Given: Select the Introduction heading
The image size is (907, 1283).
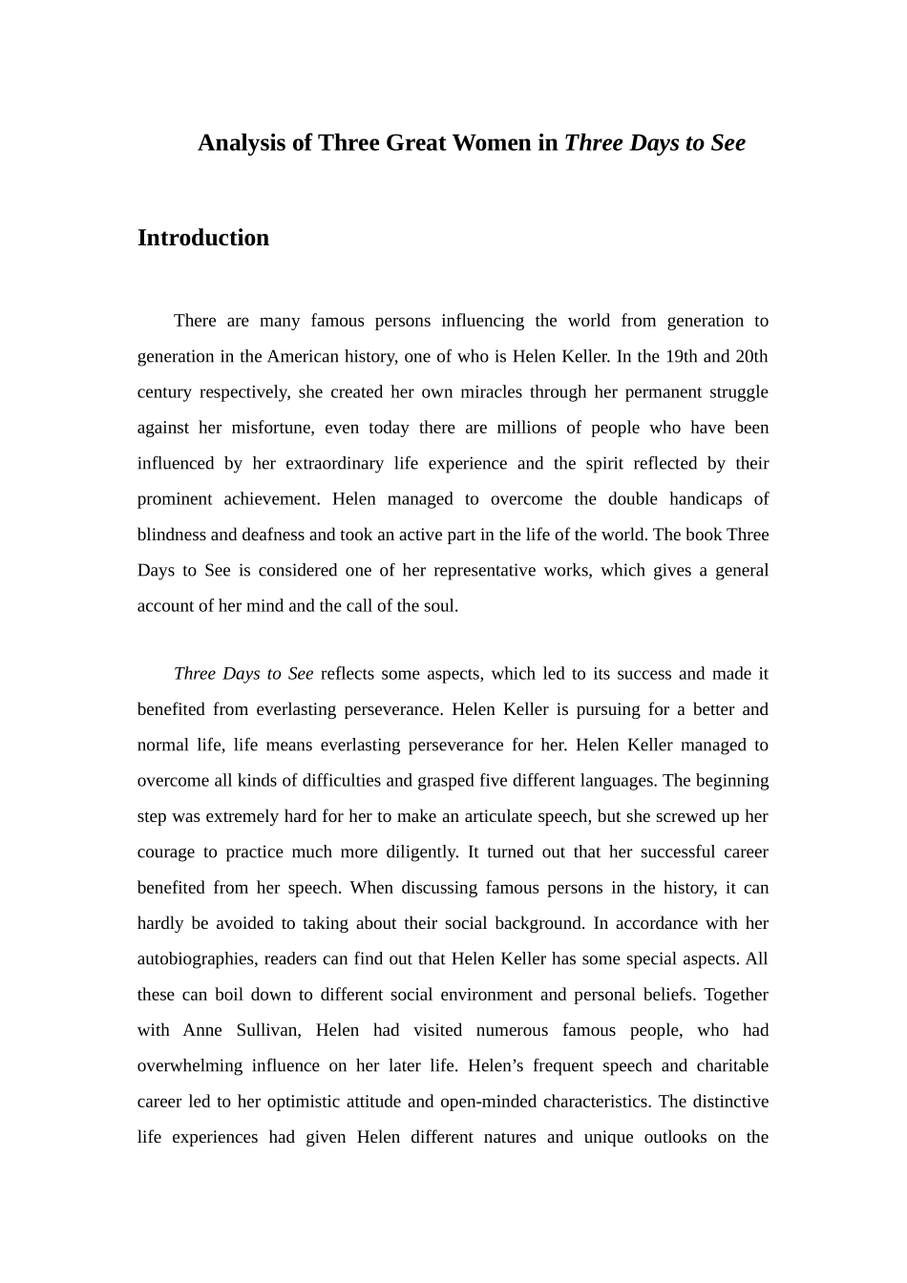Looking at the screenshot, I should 203,238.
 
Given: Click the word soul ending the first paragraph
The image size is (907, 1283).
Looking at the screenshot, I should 440,605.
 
